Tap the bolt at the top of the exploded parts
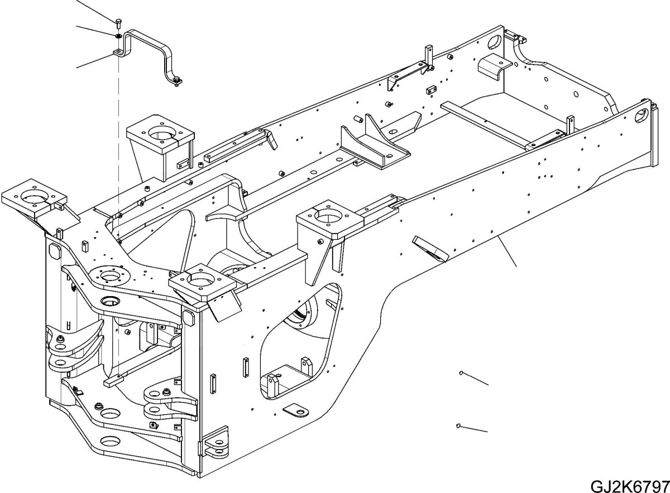[x=118, y=23]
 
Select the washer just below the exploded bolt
[x=118, y=36]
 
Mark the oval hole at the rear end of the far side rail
[x=496, y=42]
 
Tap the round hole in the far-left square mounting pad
[x=35, y=197]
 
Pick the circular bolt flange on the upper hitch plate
[x=109, y=275]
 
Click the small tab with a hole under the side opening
[x=295, y=412]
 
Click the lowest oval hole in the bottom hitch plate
[x=111, y=441]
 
